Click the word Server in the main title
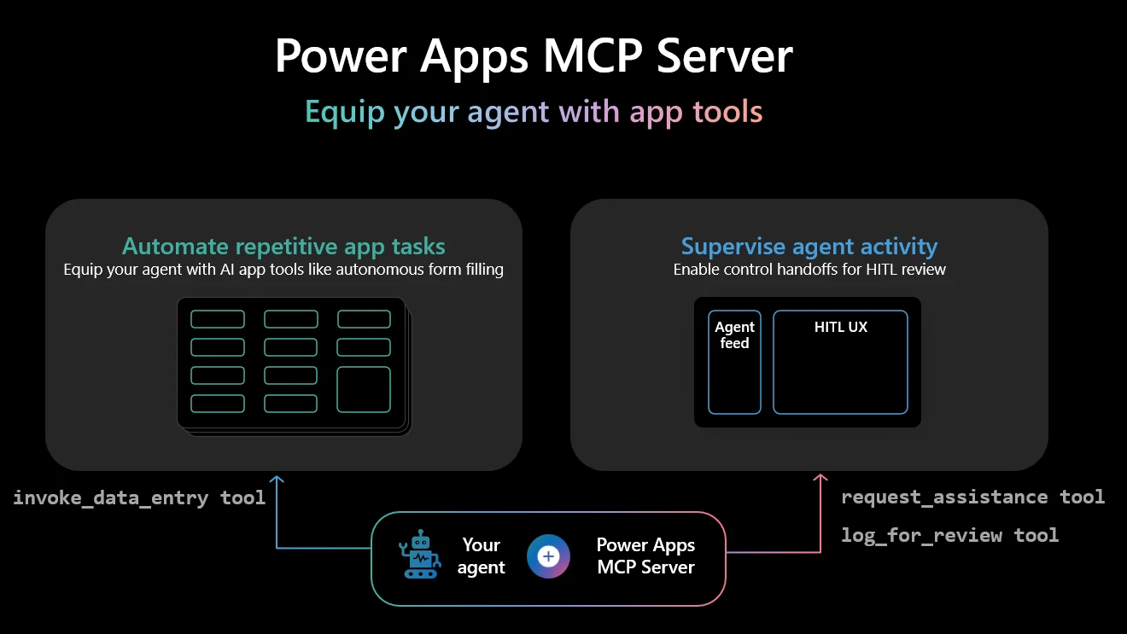pos(725,55)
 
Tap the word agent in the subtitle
pos(509,112)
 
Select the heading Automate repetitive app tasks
pos(283,247)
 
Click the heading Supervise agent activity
pos(809,247)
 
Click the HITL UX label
pos(840,327)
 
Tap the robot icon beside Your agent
pos(420,555)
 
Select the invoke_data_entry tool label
pos(139,497)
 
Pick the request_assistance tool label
pos(972,497)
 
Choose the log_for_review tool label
pos(949,535)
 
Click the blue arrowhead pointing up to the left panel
pos(277,481)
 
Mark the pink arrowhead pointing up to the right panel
pos(820,480)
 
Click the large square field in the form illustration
pos(364,389)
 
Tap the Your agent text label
pos(481,556)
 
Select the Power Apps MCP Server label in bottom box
pos(645,556)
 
